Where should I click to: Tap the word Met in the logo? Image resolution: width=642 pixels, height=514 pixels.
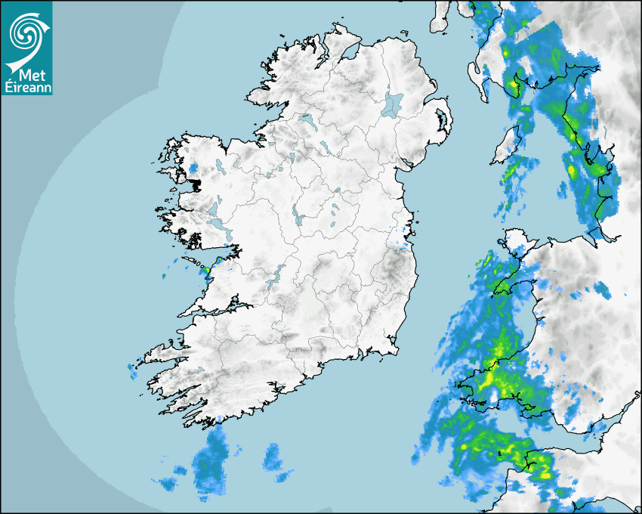[x=28, y=74]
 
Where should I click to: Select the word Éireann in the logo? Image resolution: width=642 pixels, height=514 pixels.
[x=26, y=86]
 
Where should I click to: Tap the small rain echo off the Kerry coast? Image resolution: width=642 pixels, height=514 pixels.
[x=132, y=371]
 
